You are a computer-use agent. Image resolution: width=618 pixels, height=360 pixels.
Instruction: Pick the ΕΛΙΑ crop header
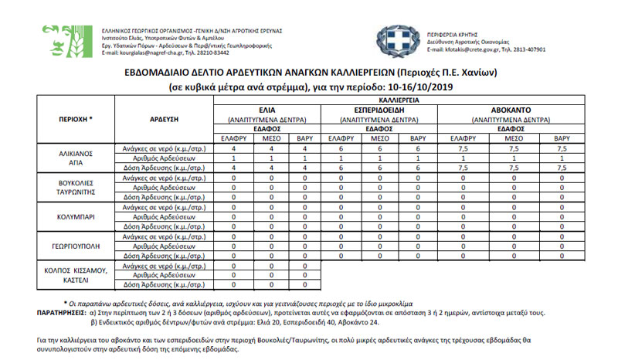(267, 111)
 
